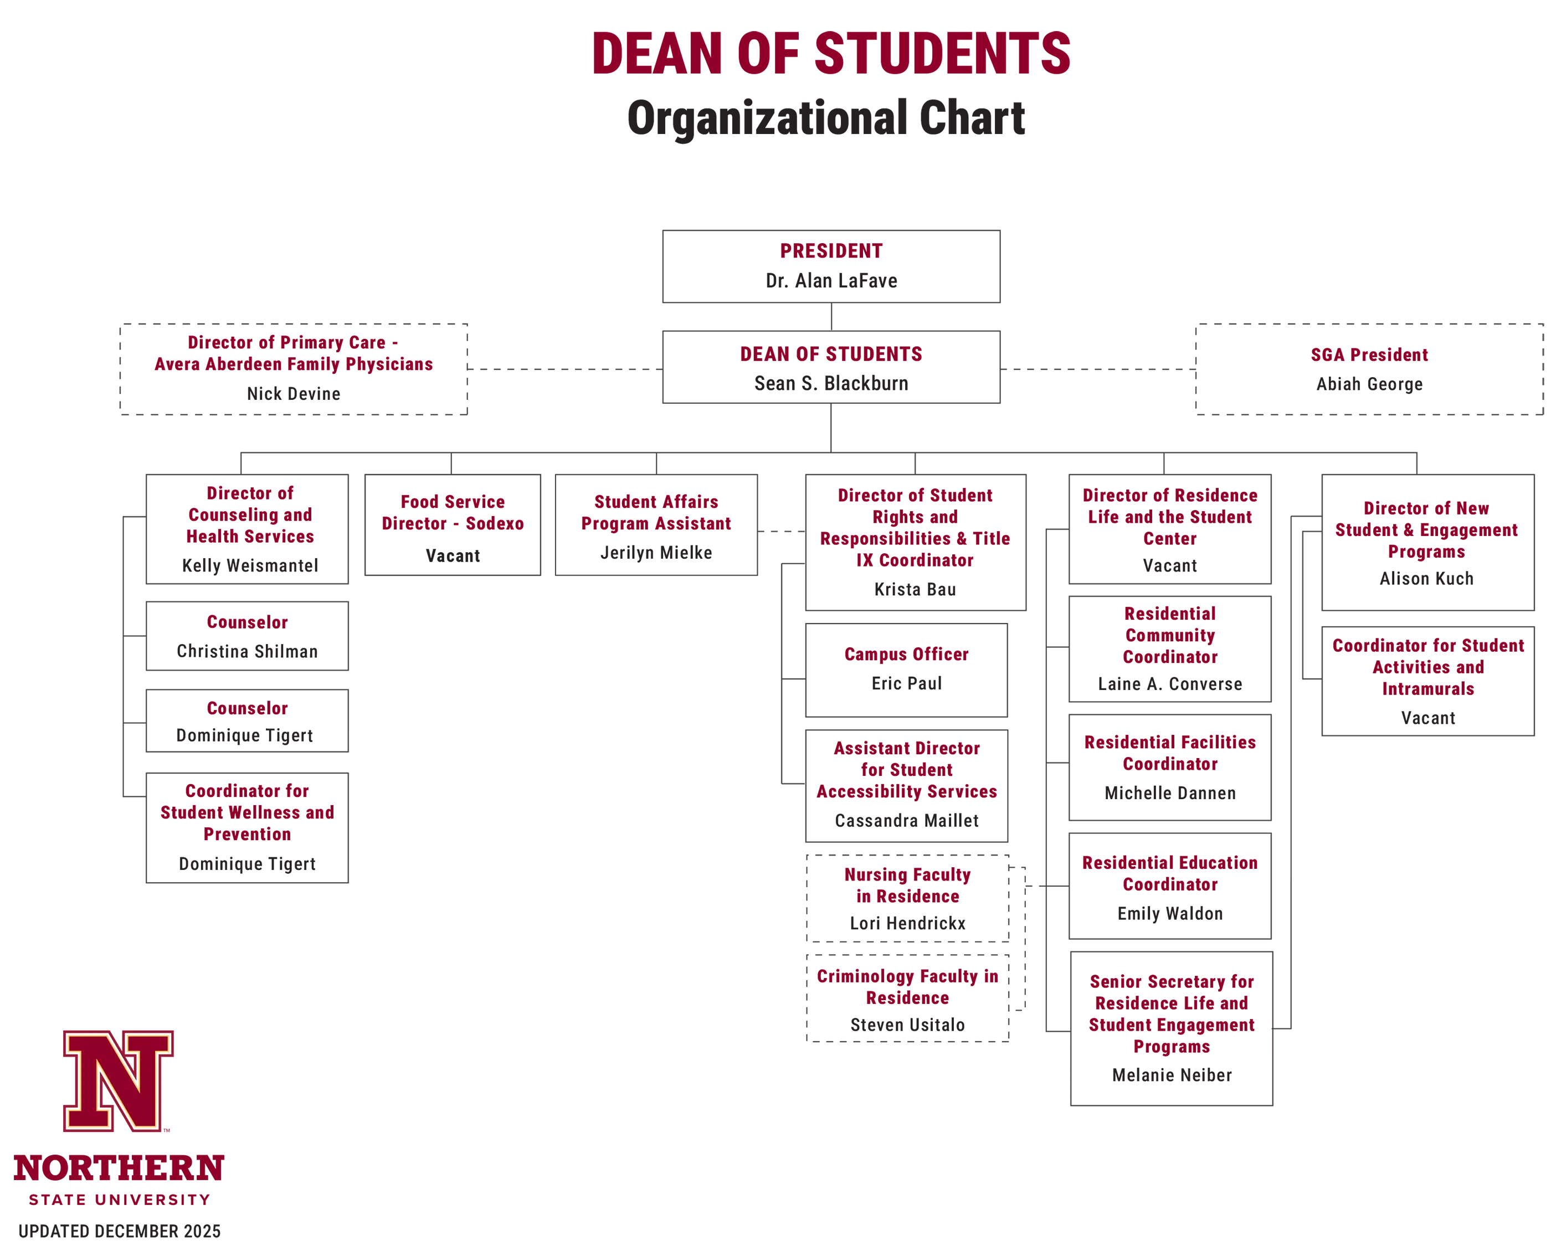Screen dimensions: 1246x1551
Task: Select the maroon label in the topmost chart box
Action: pos(888,250)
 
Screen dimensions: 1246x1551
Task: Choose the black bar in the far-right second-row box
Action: pos(1429,385)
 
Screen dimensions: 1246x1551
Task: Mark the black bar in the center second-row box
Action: pos(875,383)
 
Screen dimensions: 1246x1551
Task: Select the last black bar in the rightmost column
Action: pos(1466,717)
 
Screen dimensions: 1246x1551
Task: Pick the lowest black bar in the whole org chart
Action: pos(1192,1075)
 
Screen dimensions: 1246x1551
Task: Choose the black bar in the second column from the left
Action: pos(481,553)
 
